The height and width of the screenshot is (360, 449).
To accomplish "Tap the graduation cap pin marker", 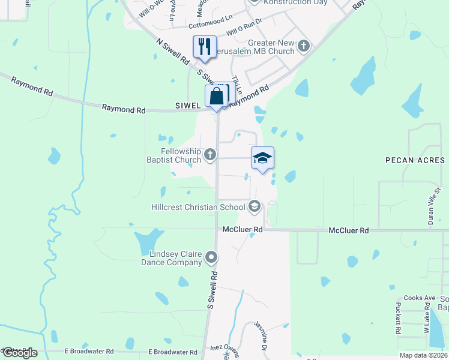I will click(262, 158).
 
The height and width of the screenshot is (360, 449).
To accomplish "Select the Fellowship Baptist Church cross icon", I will click(210, 155).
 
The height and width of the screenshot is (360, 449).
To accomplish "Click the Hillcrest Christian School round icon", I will click(254, 207).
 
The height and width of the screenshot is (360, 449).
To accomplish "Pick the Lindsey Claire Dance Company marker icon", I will click(211, 257).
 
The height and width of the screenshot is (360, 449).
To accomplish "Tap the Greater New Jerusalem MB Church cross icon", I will click(304, 46).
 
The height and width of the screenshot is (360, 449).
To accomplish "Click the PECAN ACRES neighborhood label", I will click(415, 160).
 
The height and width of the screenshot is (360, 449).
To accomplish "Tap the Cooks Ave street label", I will click(420, 298).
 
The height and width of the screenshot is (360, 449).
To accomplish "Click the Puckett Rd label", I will click(398, 318).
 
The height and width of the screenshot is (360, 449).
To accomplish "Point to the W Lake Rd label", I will click(427, 319).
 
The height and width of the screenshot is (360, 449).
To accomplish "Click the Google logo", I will click(19, 353).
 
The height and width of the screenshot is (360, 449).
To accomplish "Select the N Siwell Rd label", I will click(172, 52).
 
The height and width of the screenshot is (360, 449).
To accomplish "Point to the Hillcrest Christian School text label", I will click(198, 207).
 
